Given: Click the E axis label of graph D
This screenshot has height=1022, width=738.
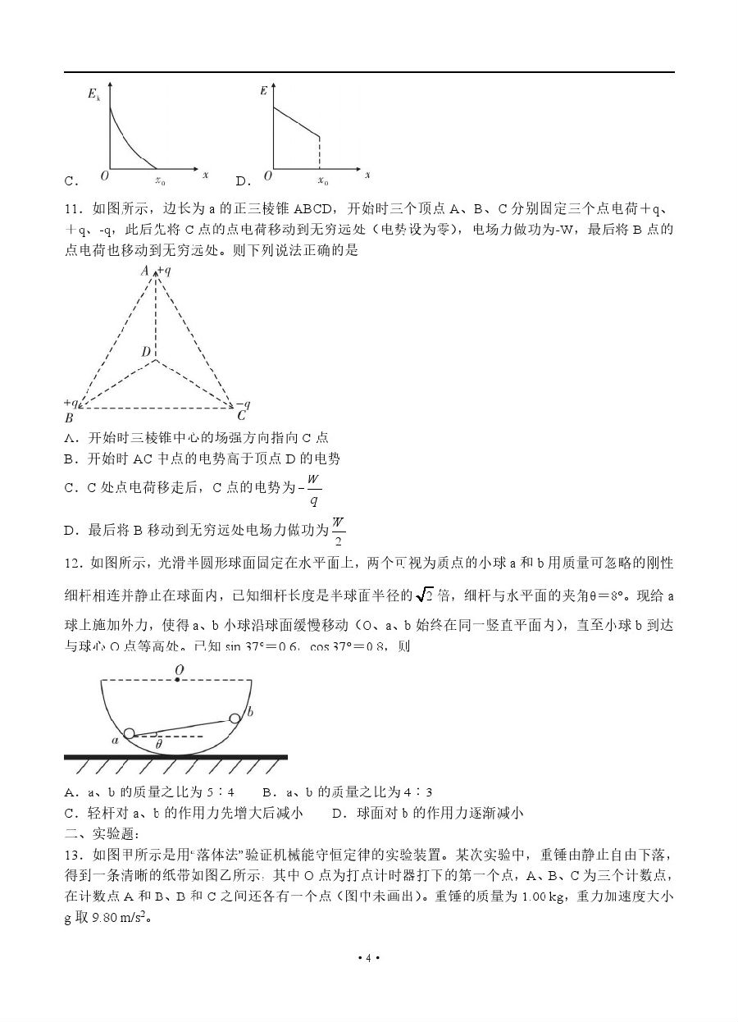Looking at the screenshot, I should point(262,91).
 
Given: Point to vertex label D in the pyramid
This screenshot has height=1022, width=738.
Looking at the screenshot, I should point(145,352).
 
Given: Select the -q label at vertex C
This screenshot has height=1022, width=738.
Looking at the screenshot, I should point(242,404).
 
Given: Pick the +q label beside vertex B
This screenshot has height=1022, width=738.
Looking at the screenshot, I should point(71,403).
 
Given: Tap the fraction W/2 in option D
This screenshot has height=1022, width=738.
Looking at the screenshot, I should point(338,531).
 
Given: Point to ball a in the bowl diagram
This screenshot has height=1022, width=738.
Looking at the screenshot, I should point(129,733).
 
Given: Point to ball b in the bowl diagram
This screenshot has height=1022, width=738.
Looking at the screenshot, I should point(235,719).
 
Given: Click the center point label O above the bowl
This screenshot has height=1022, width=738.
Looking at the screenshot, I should point(179,669).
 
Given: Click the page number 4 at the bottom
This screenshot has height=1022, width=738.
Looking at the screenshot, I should point(368,958).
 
